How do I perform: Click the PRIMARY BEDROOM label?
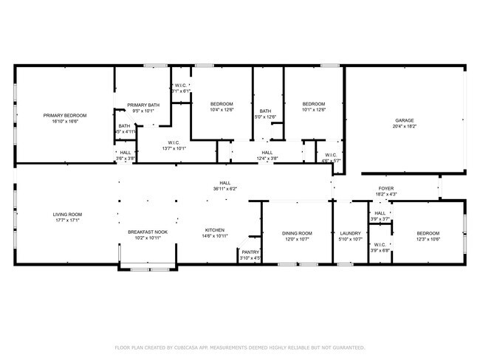pos(64,115)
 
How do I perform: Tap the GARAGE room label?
pos(405,120)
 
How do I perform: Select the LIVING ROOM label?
pos(66,215)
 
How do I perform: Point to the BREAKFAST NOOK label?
pos(147,232)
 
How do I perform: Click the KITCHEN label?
pos(215,230)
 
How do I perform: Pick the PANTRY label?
pos(251,252)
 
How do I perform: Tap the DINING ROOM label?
pos(298,233)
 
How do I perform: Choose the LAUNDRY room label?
pos(349,233)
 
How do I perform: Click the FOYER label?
pos(386,189)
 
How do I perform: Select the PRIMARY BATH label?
pos(143,105)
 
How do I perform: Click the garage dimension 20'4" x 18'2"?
pos(405,126)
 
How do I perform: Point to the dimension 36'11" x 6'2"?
pos(224,189)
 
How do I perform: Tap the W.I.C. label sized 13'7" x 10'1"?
pos(174,148)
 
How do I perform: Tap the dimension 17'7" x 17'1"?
pos(66,221)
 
